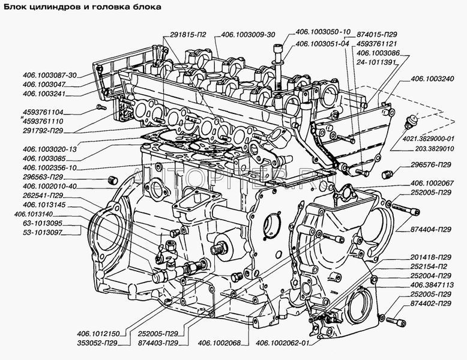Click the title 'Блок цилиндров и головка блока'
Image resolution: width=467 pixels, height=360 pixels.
coord(84,7)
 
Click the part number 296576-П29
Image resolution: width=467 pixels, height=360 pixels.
coord(429,164)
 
